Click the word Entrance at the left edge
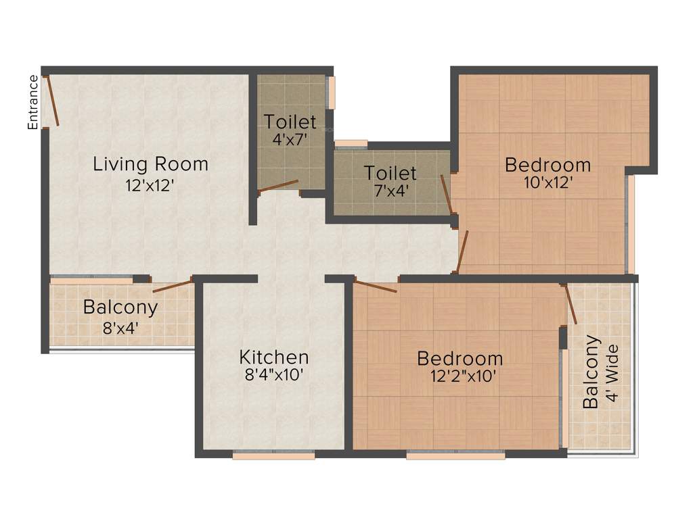click(32, 102)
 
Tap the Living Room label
click(150, 164)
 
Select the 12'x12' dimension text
click(150, 184)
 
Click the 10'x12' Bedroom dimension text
click(547, 182)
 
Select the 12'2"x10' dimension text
click(460, 376)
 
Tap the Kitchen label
click(274, 357)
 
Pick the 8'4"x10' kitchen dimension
click(274, 374)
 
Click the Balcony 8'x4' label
click(120, 316)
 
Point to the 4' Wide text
click(612, 373)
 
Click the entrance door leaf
click(52, 101)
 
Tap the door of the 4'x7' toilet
click(279, 186)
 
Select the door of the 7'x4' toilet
click(446, 195)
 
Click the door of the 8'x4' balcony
click(173, 285)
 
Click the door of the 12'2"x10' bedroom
click(375, 287)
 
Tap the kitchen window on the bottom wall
click(273, 456)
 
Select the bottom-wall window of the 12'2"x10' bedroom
click(455, 456)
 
